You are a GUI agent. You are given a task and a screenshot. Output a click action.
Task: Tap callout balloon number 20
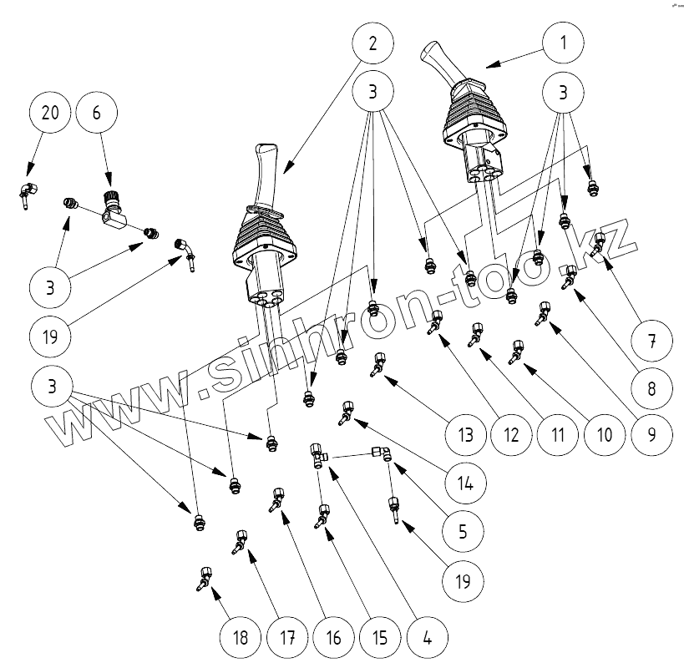tap(51, 114)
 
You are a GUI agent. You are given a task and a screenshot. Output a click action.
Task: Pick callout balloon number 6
tap(96, 114)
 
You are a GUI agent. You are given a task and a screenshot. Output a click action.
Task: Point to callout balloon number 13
tap(465, 434)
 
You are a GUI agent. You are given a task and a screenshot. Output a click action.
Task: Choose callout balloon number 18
tap(241, 638)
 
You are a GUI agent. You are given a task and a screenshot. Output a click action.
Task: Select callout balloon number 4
tap(427, 638)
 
